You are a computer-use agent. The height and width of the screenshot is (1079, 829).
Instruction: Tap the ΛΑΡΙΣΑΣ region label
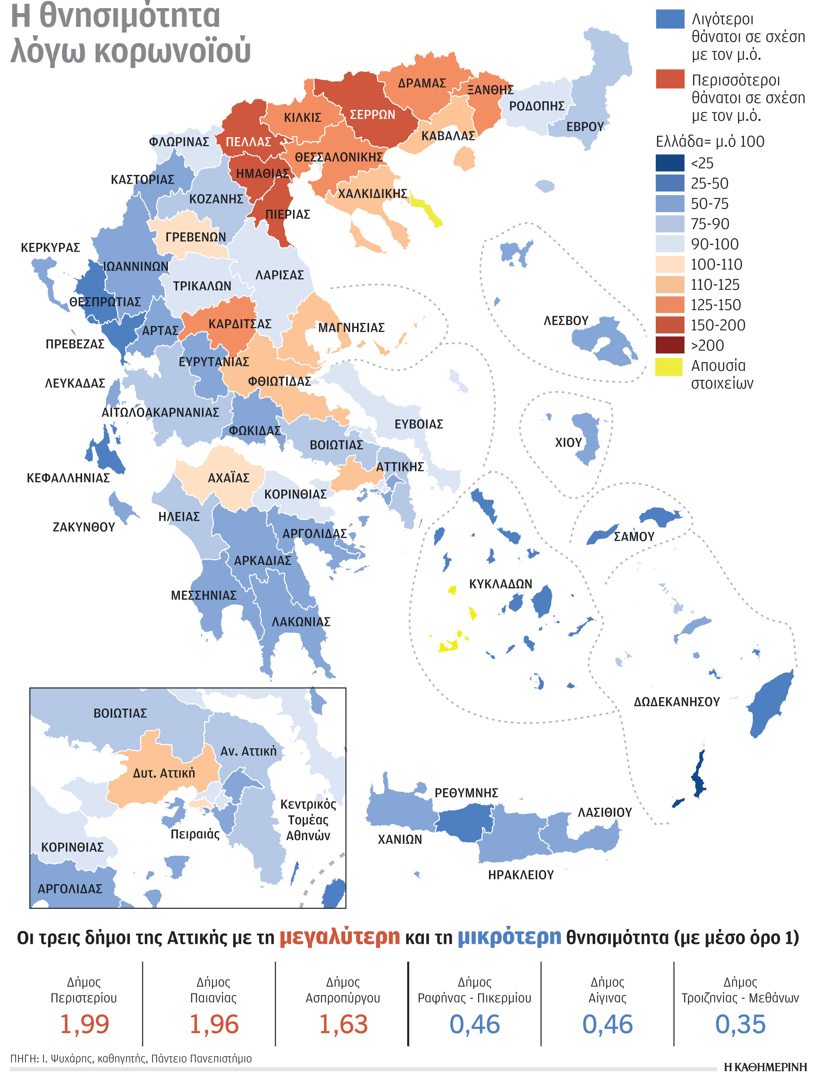(279, 275)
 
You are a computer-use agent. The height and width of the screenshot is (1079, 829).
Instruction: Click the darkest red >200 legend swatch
(670, 345)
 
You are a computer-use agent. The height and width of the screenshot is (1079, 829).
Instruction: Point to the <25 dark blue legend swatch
(670, 163)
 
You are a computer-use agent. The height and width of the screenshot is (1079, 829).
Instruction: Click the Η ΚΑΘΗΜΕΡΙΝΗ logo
(765, 1066)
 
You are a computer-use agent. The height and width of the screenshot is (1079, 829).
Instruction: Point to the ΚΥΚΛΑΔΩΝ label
(500, 584)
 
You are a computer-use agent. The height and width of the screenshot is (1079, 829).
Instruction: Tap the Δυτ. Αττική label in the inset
(164, 773)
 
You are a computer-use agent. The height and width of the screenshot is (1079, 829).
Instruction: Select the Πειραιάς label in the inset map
(195, 834)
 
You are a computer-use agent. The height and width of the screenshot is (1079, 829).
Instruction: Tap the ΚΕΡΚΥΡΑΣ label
(50, 247)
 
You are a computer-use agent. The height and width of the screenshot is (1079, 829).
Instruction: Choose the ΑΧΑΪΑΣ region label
(228, 478)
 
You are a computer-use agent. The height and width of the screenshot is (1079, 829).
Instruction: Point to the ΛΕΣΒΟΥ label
(566, 321)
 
